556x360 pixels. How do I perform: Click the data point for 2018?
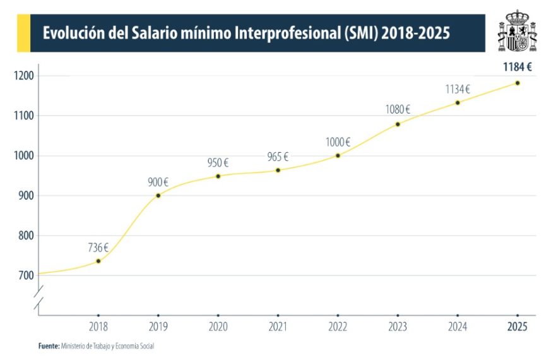point(98,261)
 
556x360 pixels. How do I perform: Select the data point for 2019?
point(158,195)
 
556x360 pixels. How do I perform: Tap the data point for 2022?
point(338,155)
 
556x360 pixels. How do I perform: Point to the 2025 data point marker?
point(518,83)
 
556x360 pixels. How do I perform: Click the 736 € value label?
point(98,248)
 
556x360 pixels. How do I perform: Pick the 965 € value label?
point(278,157)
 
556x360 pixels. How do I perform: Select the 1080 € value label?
point(398,109)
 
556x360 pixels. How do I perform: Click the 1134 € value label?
point(458,89)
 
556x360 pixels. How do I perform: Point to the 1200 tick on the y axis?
point(23,76)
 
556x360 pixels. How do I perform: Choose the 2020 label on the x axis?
point(218,328)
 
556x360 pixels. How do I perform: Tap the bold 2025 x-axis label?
point(518,328)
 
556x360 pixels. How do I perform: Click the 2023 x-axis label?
point(398,328)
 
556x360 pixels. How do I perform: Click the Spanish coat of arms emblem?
point(517,31)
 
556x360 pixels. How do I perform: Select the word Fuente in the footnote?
point(49,346)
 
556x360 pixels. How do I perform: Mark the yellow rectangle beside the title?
point(24,33)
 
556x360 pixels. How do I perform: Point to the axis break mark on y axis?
point(38,299)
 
